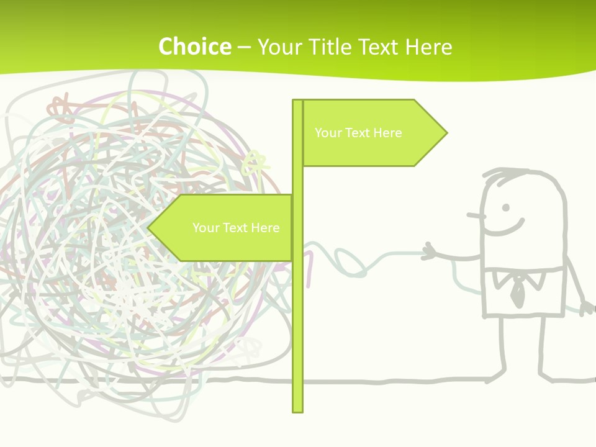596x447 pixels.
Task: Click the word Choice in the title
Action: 194,47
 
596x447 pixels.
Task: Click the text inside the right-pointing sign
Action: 358,133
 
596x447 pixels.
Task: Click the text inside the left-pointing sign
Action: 236,228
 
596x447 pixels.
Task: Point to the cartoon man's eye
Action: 506,207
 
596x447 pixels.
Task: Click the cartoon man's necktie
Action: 517,291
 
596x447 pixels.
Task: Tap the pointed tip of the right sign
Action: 445,132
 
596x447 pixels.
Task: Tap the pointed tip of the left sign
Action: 150,228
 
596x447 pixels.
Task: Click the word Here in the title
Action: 428,47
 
